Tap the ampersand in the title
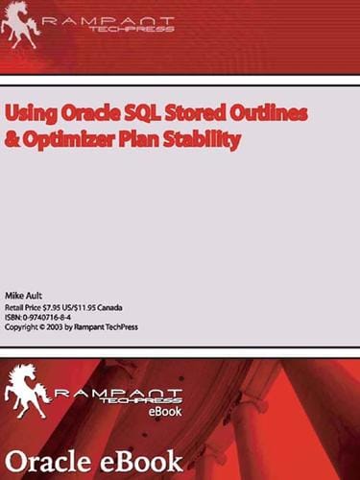point(12,138)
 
